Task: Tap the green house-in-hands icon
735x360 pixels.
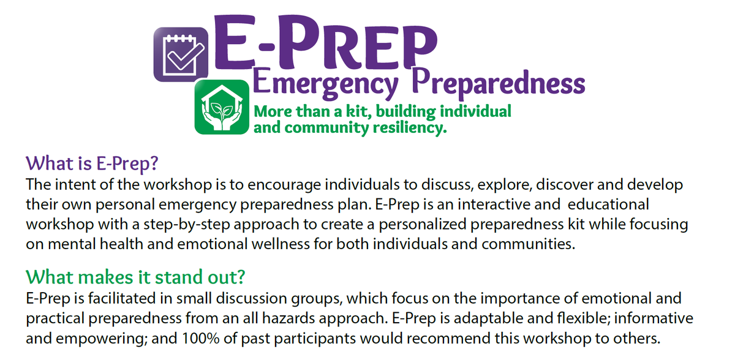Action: coord(222,107)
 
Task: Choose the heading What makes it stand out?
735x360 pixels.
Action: coord(135,277)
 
